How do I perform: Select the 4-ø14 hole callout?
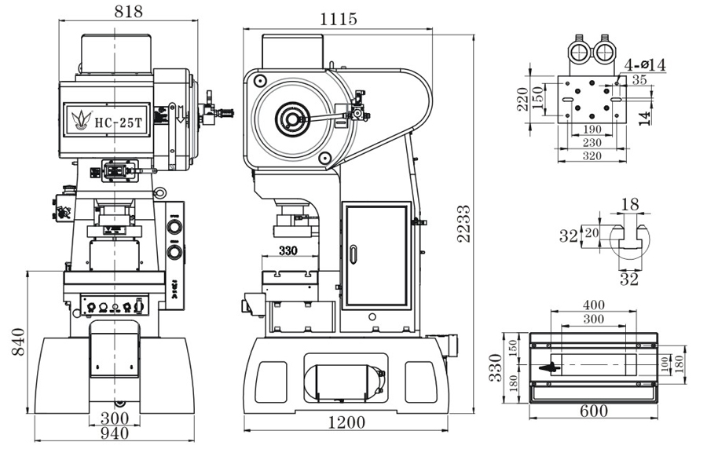(x=646, y=65)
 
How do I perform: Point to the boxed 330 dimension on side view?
(x=288, y=252)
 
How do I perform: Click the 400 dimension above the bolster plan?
(x=594, y=304)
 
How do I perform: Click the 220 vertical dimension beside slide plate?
(x=522, y=100)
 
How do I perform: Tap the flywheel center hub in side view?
(x=291, y=121)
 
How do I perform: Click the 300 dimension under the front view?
(x=115, y=416)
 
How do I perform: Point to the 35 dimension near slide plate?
(x=639, y=79)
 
